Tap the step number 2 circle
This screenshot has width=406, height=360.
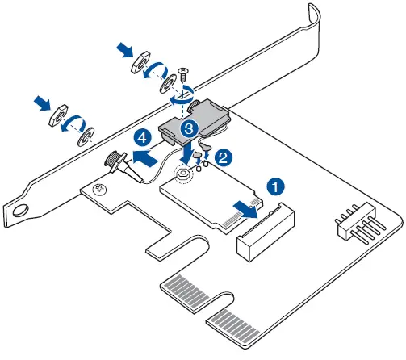[224, 151]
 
